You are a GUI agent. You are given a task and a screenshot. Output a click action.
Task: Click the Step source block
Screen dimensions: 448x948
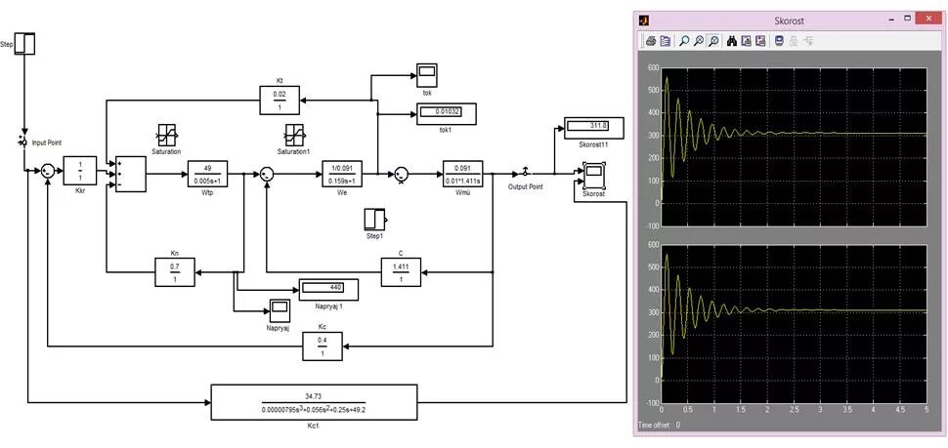[27, 44]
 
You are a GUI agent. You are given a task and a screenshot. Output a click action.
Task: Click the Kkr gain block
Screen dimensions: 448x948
[81, 171]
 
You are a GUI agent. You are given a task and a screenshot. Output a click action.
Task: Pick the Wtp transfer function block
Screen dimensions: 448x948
[207, 171]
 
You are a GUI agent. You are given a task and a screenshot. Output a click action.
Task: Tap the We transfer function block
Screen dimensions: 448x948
[342, 171]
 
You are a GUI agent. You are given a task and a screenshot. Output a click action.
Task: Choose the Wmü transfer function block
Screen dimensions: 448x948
[463, 172]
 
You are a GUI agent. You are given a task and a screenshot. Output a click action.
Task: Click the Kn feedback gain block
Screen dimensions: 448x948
[176, 271]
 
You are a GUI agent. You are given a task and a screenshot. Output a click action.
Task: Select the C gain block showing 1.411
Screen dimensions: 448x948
[400, 271]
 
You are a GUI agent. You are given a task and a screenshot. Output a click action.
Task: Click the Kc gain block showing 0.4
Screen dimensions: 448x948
[322, 346]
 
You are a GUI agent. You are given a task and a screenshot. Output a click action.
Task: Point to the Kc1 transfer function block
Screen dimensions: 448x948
[314, 401]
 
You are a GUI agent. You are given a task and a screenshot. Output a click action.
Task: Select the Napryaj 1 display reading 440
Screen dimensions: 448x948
[327, 288]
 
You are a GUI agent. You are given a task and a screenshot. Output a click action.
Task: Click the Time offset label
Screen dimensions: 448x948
[660, 426]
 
